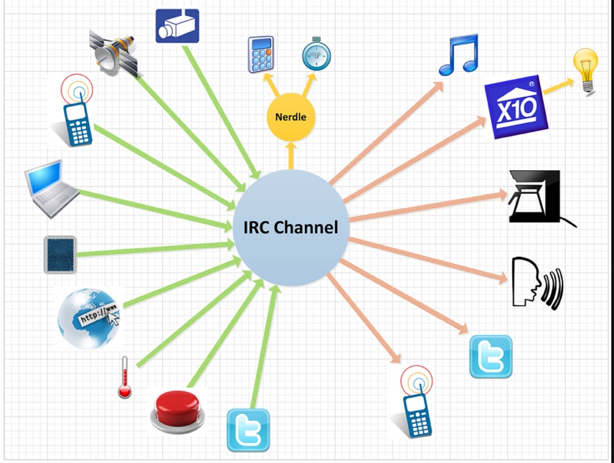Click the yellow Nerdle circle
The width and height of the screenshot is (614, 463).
(x=291, y=116)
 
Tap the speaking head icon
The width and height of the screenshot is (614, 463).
(x=537, y=283)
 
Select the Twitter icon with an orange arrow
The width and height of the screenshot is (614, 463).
(x=491, y=356)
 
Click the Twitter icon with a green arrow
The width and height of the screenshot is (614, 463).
(x=248, y=430)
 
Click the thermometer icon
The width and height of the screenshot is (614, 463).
(x=124, y=376)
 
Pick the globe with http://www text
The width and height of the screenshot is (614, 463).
(x=89, y=318)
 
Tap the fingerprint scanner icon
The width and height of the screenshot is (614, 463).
(x=60, y=254)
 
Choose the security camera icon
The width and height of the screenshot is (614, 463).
(x=177, y=27)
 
